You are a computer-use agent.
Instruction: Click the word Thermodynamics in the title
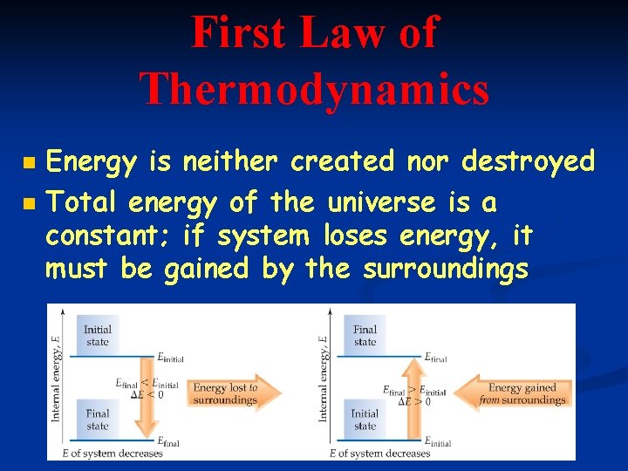click(x=314, y=89)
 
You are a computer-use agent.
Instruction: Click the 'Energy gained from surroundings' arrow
click(x=518, y=394)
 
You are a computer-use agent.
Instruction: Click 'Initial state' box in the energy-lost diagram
click(x=97, y=336)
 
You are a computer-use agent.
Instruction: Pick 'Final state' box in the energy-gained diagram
click(x=365, y=336)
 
